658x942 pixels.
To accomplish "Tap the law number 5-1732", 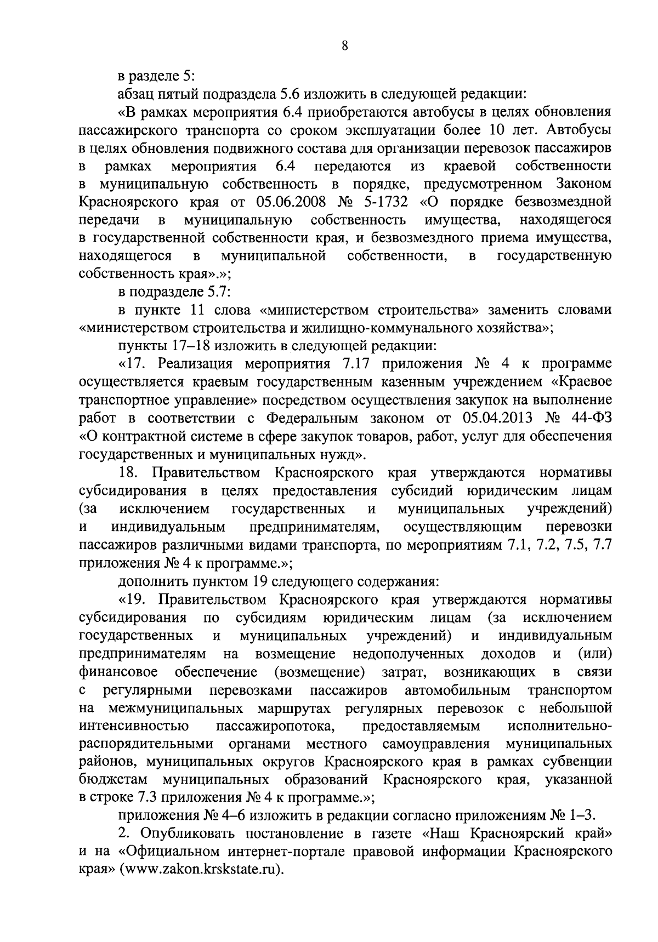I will coord(384,202).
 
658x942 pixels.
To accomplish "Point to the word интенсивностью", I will coord(134,726).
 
